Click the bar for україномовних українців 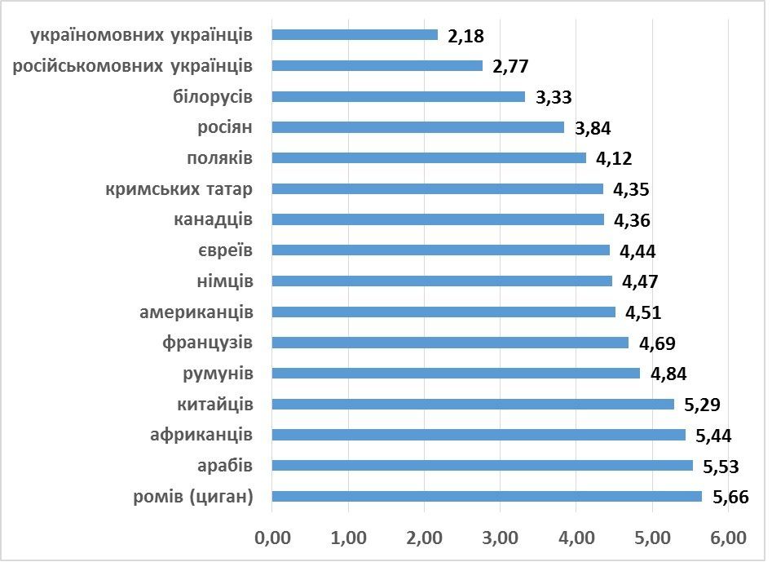coord(355,35)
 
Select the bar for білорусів coord(399,96)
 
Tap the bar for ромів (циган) coord(487,496)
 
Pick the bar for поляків coord(429,158)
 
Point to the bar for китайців coord(473,404)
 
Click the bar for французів coord(450,343)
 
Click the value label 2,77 coord(512,66)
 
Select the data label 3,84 coord(593,128)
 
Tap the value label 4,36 coord(632,220)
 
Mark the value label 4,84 coord(668,374)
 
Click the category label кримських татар coord(179,189)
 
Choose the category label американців coord(196,312)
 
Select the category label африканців coord(201,435)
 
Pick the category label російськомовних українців coord(133,65)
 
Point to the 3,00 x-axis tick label coord(500,539)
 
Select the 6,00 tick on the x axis coord(728,539)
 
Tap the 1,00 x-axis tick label coord(348,539)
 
